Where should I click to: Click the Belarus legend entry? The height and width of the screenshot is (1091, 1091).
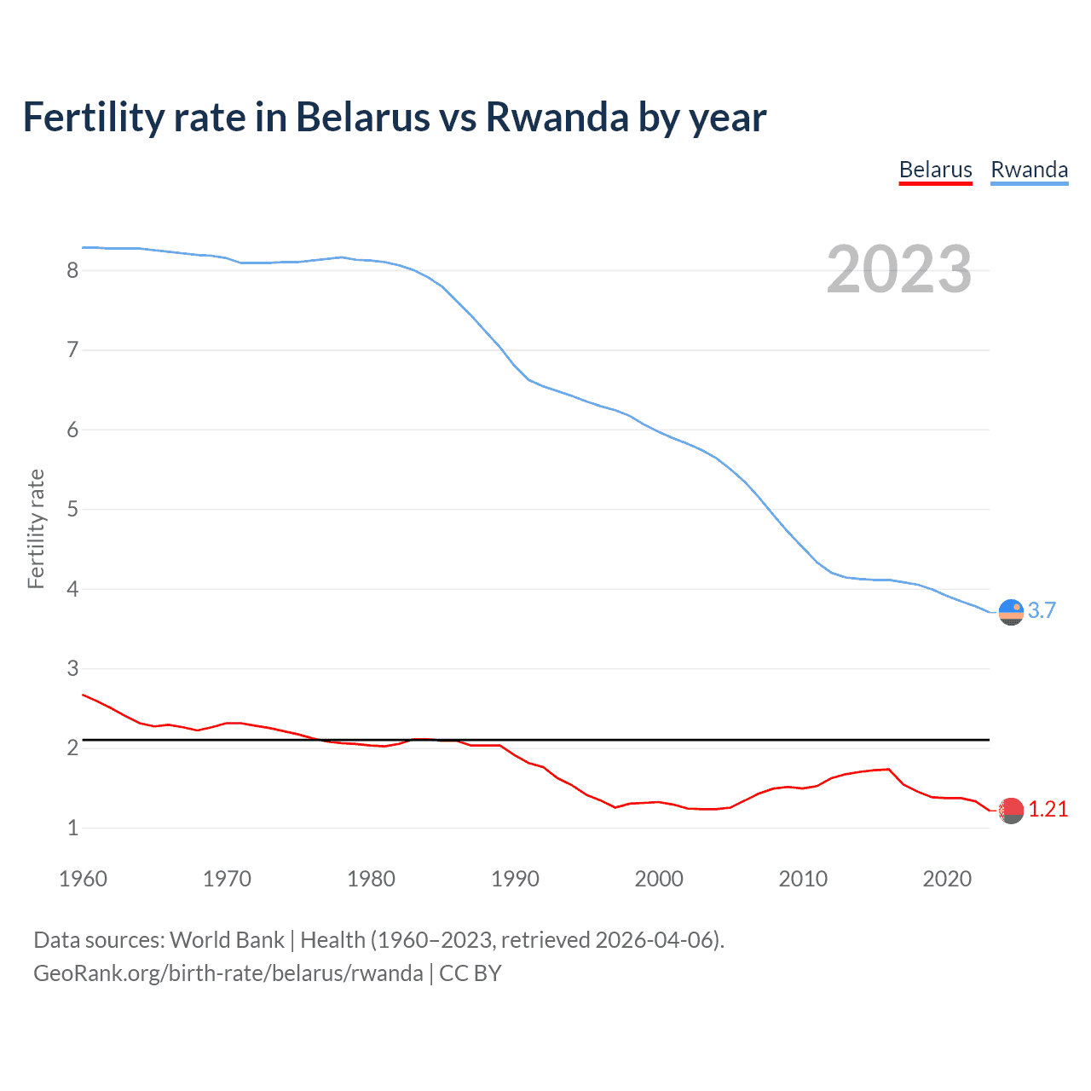click(935, 170)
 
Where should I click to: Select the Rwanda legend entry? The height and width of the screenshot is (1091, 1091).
click(1029, 170)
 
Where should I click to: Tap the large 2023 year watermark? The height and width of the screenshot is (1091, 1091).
click(899, 269)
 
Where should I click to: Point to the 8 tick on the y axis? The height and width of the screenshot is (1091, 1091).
click(72, 270)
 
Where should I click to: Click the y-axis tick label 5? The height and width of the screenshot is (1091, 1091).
click(72, 510)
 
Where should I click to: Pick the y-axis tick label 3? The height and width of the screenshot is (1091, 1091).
click(72, 668)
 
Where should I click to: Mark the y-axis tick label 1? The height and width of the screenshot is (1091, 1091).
click(72, 828)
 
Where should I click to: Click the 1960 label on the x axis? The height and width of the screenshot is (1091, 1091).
click(83, 879)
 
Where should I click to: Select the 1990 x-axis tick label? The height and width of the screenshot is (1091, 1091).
click(515, 879)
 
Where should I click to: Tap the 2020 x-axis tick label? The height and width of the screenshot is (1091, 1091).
click(947, 879)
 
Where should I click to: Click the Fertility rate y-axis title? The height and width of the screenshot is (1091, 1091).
click(36, 528)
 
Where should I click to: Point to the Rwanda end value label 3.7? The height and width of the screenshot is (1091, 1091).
click(1042, 610)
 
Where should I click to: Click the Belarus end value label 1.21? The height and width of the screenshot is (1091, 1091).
click(1048, 809)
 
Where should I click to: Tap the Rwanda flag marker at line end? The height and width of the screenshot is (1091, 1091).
click(1011, 612)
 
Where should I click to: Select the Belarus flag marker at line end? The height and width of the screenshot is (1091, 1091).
click(1011, 811)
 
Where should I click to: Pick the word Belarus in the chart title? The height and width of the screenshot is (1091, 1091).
click(362, 117)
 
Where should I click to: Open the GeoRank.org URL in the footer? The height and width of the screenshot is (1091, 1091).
click(228, 973)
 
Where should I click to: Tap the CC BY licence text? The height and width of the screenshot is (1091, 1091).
click(470, 973)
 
